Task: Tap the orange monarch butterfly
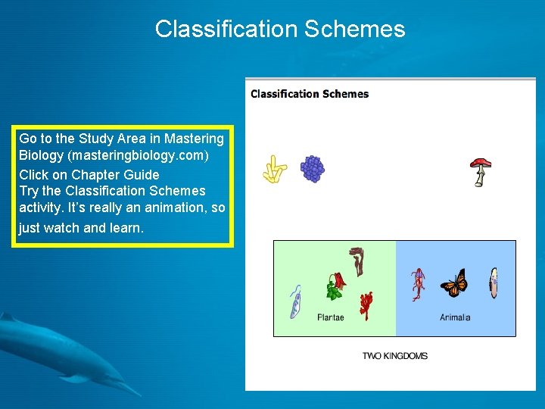(x=454, y=283)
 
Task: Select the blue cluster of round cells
(x=312, y=168)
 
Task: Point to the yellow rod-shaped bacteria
(x=274, y=170)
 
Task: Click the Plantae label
(x=330, y=317)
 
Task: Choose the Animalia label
(x=455, y=317)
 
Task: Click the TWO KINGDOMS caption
(x=394, y=355)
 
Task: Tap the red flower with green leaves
(x=335, y=286)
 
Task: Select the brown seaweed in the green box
(x=357, y=261)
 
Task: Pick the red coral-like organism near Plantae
(x=366, y=304)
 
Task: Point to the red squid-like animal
(x=417, y=284)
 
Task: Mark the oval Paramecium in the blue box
(x=494, y=283)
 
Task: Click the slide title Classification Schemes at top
(x=280, y=29)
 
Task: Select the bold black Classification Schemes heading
(x=310, y=94)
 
